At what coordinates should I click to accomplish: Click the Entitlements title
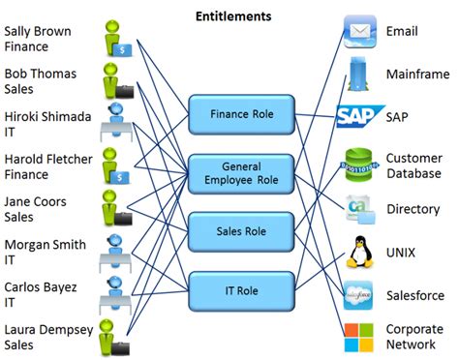233,16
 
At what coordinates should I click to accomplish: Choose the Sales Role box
241,232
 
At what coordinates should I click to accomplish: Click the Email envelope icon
359,31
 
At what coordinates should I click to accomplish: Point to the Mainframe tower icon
359,74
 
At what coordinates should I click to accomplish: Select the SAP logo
360,117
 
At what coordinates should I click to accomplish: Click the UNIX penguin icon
359,252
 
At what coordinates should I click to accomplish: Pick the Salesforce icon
359,294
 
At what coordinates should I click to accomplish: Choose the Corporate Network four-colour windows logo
359,338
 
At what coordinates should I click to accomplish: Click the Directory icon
359,208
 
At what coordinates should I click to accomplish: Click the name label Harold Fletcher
47,166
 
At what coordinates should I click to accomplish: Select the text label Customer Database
413,165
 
